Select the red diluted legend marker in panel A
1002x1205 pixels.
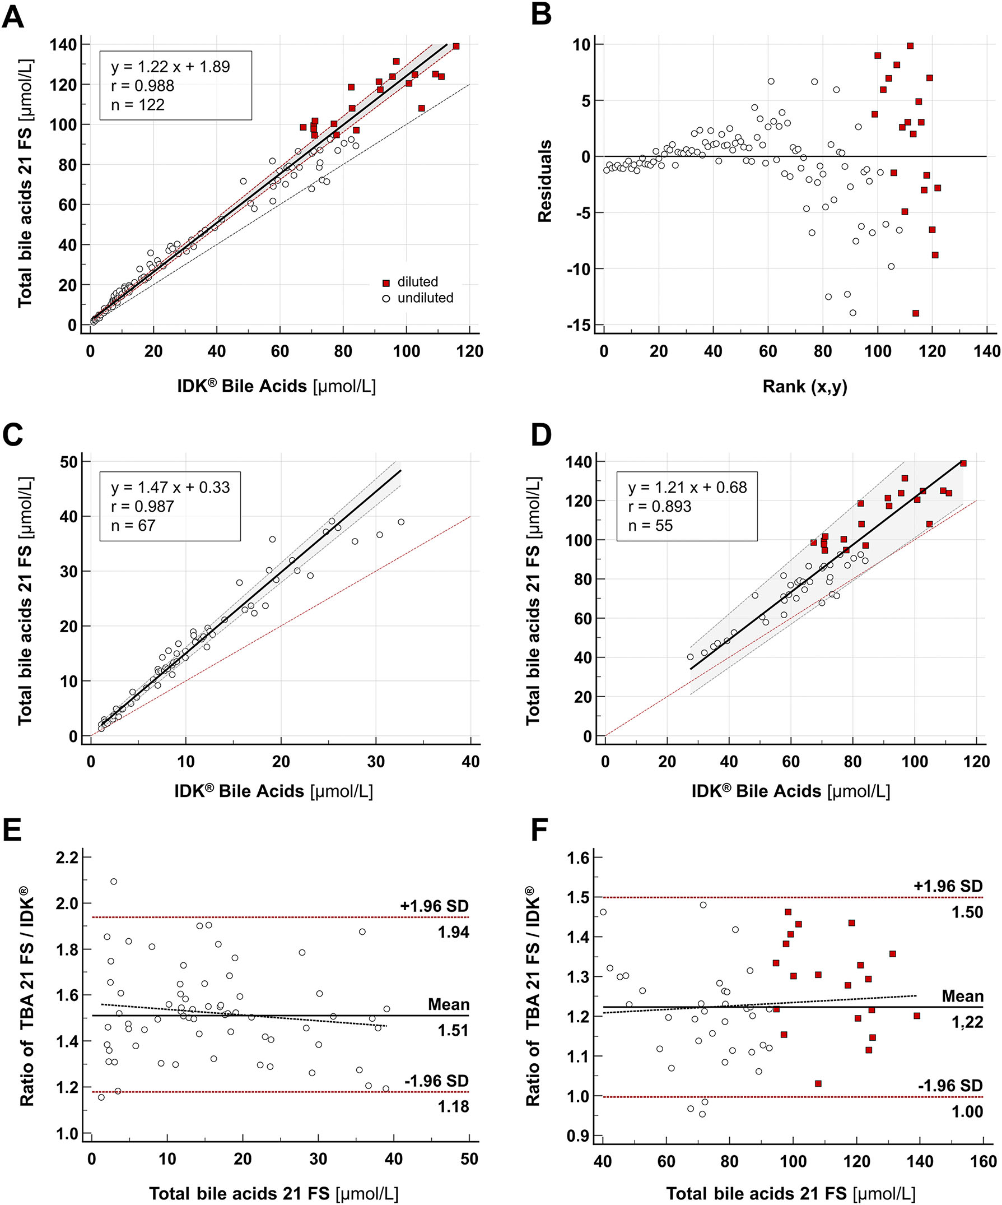point(386,283)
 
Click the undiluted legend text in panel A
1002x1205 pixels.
point(425,298)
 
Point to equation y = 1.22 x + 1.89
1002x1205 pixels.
point(170,67)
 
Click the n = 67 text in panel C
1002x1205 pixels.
point(133,525)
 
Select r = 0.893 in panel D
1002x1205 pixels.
point(660,506)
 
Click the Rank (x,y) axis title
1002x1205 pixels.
point(804,387)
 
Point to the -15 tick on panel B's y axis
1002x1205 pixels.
point(580,325)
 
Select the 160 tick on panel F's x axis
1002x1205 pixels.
point(983,1161)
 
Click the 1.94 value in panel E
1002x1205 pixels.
point(453,933)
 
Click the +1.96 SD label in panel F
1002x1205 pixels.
point(948,886)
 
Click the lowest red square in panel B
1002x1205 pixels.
point(915,313)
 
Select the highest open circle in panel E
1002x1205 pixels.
point(114,882)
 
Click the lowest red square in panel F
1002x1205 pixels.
point(818,1083)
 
